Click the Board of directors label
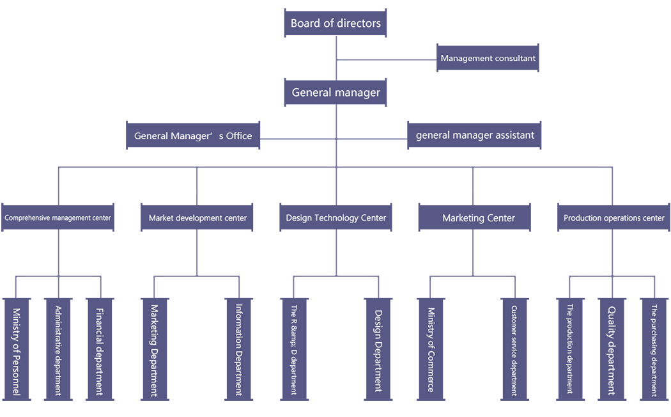click(x=335, y=24)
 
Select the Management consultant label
click(x=488, y=58)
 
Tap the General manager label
click(x=335, y=93)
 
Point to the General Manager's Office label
click(x=193, y=136)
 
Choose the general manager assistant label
click(x=475, y=135)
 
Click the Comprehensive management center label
click(x=58, y=218)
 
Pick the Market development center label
click(x=197, y=218)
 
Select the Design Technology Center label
click(x=335, y=218)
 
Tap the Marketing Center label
click(x=479, y=218)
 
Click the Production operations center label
click(x=613, y=218)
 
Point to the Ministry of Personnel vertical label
click(x=17, y=351)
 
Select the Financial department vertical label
click(x=100, y=351)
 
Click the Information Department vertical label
click(x=239, y=349)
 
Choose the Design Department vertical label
click(x=378, y=350)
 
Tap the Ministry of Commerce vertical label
click(x=431, y=349)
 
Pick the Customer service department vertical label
click(x=514, y=350)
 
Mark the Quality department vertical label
click(x=612, y=350)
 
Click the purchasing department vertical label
click(x=654, y=350)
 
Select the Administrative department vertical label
click(x=58, y=350)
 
